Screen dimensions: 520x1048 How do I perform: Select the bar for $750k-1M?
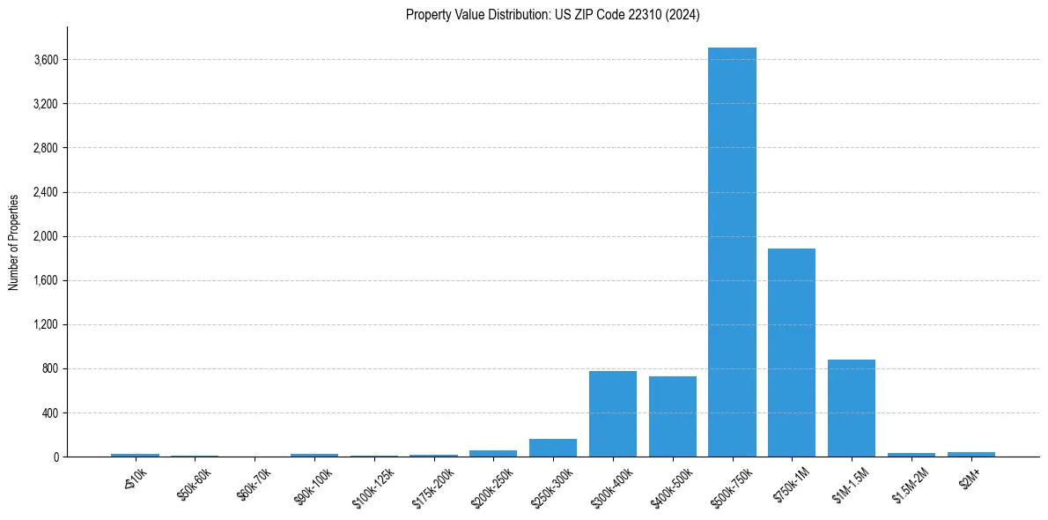[792, 353]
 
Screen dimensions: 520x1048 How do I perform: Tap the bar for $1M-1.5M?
[852, 408]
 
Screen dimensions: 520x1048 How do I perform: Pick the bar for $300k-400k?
[612, 413]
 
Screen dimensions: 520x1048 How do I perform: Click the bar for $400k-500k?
[672, 416]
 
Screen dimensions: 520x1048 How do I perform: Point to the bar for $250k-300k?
[553, 448]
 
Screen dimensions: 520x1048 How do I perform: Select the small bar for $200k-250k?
[493, 453]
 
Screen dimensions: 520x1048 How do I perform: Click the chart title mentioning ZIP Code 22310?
[552, 15]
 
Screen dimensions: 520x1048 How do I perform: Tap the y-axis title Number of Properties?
[14, 242]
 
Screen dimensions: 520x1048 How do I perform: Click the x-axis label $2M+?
[970, 479]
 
